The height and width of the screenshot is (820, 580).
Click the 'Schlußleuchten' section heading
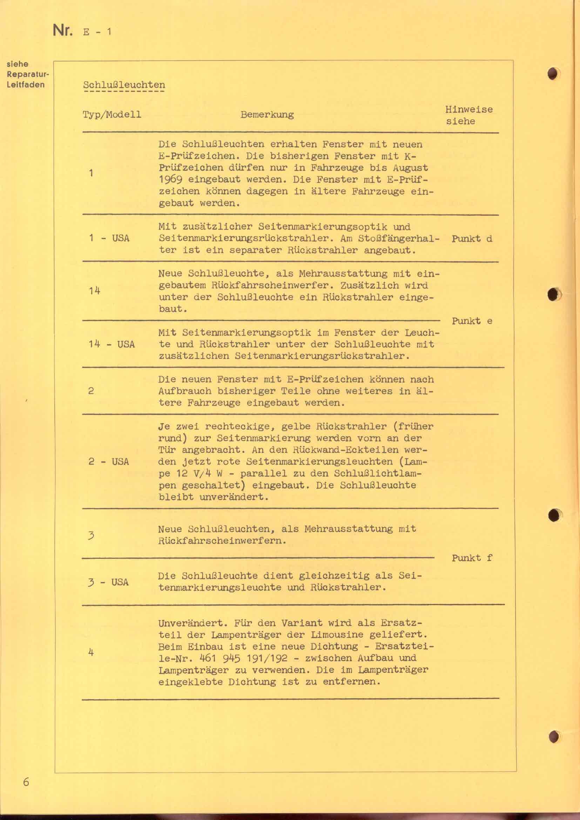tap(124, 85)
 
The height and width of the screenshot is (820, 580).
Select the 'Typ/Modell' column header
tap(112, 115)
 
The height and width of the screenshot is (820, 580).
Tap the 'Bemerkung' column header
tap(267, 115)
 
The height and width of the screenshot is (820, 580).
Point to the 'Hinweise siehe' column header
tap(468, 115)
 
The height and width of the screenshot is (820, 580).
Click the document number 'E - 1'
tap(97, 32)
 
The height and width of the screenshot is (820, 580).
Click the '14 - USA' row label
tap(112, 344)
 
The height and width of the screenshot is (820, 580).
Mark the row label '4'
tap(91, 652)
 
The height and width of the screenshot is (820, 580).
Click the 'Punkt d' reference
tap(472, 239)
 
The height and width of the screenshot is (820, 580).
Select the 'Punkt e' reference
tap(472, 321)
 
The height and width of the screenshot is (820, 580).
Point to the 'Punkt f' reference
tap(472, 558)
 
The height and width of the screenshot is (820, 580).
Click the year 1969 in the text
tap(170, 179)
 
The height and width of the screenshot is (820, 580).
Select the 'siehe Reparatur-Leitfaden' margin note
tap(26, 74)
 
